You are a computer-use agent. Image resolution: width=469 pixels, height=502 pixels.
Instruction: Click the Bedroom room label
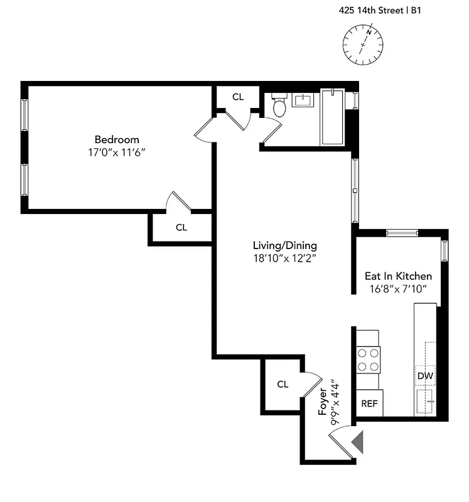(117, 139)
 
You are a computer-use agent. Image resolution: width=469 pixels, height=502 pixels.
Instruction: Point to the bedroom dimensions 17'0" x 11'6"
(117, 152)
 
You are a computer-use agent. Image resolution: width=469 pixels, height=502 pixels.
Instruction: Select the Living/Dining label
(284, 245)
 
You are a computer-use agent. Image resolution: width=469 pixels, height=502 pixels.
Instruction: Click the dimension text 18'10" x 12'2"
(284, 258)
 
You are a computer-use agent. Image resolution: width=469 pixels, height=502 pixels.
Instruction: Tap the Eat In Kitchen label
(398, 276)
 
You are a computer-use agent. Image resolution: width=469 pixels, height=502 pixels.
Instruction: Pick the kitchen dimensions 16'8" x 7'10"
(398, 289)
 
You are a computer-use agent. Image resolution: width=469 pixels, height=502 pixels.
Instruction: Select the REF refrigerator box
(369, 403)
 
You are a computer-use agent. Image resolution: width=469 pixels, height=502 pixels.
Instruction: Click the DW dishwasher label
(425, 376)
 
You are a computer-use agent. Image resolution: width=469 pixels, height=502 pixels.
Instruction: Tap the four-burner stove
(368, 360)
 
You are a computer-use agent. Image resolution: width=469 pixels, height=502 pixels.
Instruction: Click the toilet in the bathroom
(279, 107)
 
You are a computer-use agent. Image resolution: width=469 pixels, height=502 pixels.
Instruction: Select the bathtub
(332, 117)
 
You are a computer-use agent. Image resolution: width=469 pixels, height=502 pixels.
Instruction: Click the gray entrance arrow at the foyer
(357, 442)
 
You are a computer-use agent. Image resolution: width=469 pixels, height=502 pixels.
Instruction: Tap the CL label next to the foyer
(283, 384)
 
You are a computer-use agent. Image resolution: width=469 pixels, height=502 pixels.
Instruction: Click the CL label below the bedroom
(181, 228)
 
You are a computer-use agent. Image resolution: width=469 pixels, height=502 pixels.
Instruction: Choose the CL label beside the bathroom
(237, 97)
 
